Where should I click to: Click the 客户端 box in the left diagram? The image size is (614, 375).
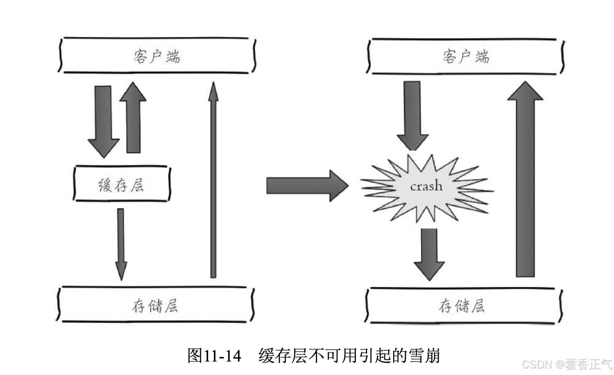(x=157, y=55)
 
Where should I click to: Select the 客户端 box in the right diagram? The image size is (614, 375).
(x=465, y=56)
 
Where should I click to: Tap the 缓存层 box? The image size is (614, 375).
(x=122, y=184)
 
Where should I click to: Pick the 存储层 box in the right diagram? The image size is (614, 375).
(x=462, y=305)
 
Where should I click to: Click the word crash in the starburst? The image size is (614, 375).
(x=426, y=187)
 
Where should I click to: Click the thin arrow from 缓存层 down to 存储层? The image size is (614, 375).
(x=121, y=243)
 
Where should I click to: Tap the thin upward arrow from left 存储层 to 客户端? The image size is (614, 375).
(x=213, y=181)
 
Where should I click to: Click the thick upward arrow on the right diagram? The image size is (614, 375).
(x=525, y=181)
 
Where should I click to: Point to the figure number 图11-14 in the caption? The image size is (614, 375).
(x=214, y=355)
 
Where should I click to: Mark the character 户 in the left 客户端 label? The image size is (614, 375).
(x=156, y=56)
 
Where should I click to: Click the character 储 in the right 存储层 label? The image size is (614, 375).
(x=462, y=306)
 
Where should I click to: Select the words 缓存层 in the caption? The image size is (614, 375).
(x=282, y=355)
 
